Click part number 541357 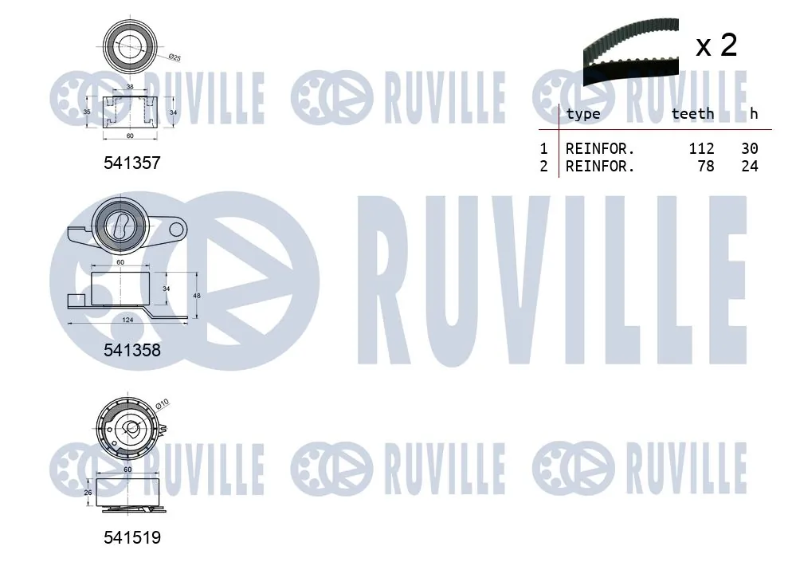coord(132,163)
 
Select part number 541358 coord(132,350)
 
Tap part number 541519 coord(132,538)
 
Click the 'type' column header coord(582,114)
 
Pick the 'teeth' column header coord(692,114)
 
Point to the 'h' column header coord(753,114)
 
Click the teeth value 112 coord(701,148)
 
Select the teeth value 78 coord(706,167)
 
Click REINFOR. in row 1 coord(600,148)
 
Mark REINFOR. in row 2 coord(600,167)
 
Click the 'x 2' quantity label coord(716,45)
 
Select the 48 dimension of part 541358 coord(197,295)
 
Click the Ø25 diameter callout coord(174,57)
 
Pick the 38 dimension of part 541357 coord(130,86)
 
